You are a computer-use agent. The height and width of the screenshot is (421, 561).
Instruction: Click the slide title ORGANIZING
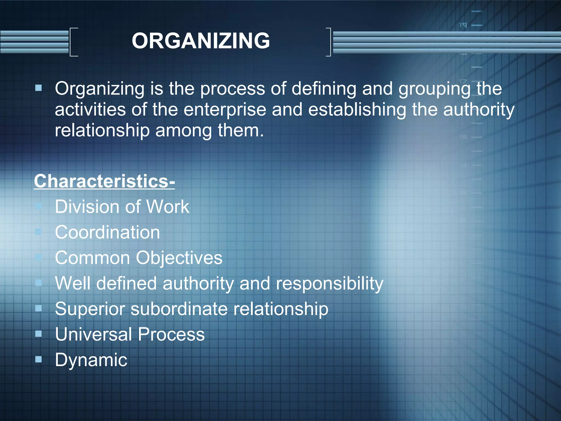point(201,41)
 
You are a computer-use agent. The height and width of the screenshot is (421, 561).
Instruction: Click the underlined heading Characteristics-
point(104,181)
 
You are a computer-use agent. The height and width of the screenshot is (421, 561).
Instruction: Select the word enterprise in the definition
point(225,110)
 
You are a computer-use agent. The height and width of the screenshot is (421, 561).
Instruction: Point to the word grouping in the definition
point(434,89)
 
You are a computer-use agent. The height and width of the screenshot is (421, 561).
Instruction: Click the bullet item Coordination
point(107,232)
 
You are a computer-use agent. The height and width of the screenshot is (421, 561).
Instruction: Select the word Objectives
point(179,258)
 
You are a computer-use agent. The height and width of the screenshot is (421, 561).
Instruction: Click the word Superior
point(90,309)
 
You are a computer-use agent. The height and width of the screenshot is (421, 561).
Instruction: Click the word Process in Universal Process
point(171,334)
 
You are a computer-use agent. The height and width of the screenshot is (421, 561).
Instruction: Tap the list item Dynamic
point(91,360)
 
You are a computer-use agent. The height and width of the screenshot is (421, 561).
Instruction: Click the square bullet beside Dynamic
point(39,359)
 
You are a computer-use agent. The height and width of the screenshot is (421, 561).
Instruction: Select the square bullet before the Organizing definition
point(39,88)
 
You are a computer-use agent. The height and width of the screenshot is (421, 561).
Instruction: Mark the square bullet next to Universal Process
point(39,334)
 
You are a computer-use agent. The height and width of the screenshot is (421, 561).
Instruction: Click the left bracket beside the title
point(73,42)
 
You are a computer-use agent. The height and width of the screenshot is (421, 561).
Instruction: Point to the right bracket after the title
point(328,42)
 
